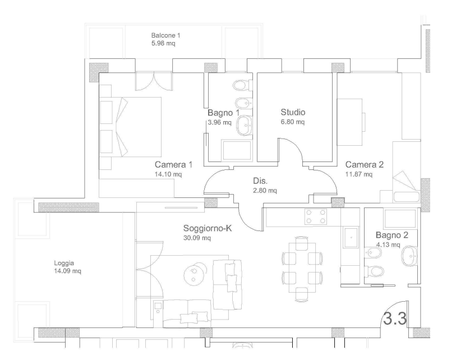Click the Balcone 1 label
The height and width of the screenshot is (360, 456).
click(x=166, y=35)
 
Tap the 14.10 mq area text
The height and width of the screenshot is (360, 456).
click(x=168, y=174)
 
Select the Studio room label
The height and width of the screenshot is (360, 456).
click(x=293, y=112)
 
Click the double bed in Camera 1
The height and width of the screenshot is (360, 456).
click(x=130, y=127)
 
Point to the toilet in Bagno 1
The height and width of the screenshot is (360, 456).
click(x=243, y=85)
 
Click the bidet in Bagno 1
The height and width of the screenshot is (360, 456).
click(x=243, y=103)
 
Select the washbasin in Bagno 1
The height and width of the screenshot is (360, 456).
click(x=245, y=126)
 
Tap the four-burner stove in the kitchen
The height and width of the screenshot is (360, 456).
click(x=316, y=217)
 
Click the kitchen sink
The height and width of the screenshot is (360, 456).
click(x=351, y=238)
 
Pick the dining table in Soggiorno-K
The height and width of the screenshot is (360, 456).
click(x=302, y=268)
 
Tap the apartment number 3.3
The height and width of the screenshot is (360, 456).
click(x=395, y=319)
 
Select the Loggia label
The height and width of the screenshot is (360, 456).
click(x=64, y=263)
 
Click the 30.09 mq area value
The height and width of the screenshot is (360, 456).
click(x=197, y=238)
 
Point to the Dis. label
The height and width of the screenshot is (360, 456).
click(x=260, y=181)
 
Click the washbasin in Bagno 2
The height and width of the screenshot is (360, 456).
click(x=409, y=256)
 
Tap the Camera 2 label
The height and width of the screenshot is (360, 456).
click(x=365, y=165)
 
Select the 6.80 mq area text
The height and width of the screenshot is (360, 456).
click(x=293, y=122)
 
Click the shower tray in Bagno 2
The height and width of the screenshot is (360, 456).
click(x=400, y=218)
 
